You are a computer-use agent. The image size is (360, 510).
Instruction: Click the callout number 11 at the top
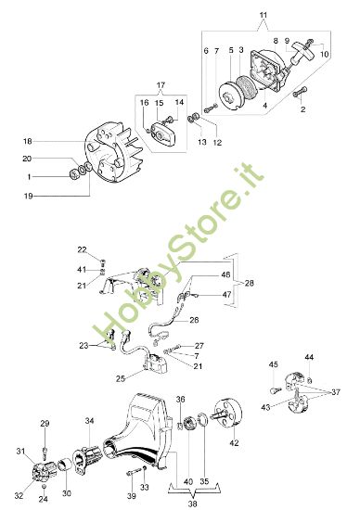[x=263, y=16]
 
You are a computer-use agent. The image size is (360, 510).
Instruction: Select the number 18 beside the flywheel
[x=28, y=142]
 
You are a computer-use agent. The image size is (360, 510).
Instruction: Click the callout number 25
[x=122, y=378]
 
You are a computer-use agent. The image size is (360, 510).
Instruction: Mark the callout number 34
[x=90, y=421]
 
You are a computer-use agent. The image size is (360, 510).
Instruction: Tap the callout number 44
[x=309, y=356]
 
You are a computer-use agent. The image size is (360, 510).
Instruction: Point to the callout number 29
[x=44, y=424]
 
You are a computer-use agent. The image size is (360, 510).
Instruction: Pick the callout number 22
[x=82, y=250]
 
